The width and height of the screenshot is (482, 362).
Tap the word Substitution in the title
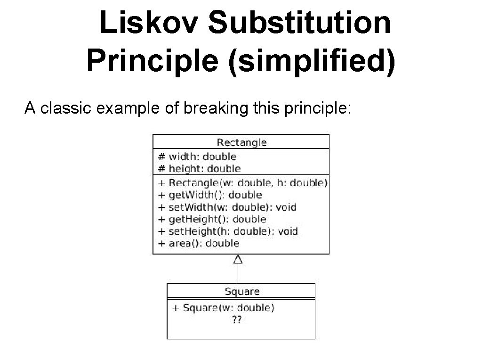299,23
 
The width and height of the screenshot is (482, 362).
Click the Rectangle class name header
241,142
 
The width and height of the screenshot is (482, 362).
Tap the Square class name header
242,291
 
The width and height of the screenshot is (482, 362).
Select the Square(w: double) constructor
223,308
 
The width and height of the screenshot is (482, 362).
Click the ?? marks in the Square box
237,320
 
